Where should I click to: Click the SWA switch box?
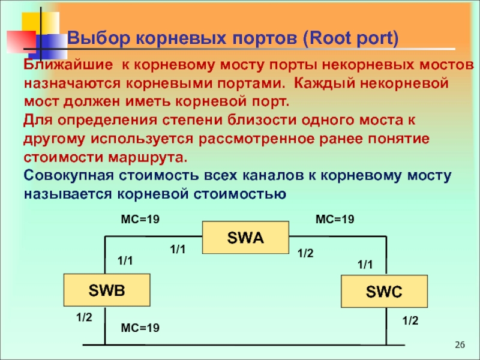[x=245, y=238]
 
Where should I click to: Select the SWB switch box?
[x=107, y=292]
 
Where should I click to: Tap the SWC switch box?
[x=384, y=293]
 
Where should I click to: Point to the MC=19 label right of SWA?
[x=335, y=220]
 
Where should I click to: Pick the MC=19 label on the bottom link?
[x=140, y=328]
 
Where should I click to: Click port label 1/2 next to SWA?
[x=305, y=254]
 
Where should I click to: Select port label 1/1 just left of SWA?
[x=179, y=249]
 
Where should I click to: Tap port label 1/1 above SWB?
[x=124, y=261]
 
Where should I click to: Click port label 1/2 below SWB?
[x=84, y=316]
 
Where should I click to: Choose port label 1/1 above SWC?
[x=365, y=265]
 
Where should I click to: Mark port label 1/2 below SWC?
[x=410, y=322]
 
